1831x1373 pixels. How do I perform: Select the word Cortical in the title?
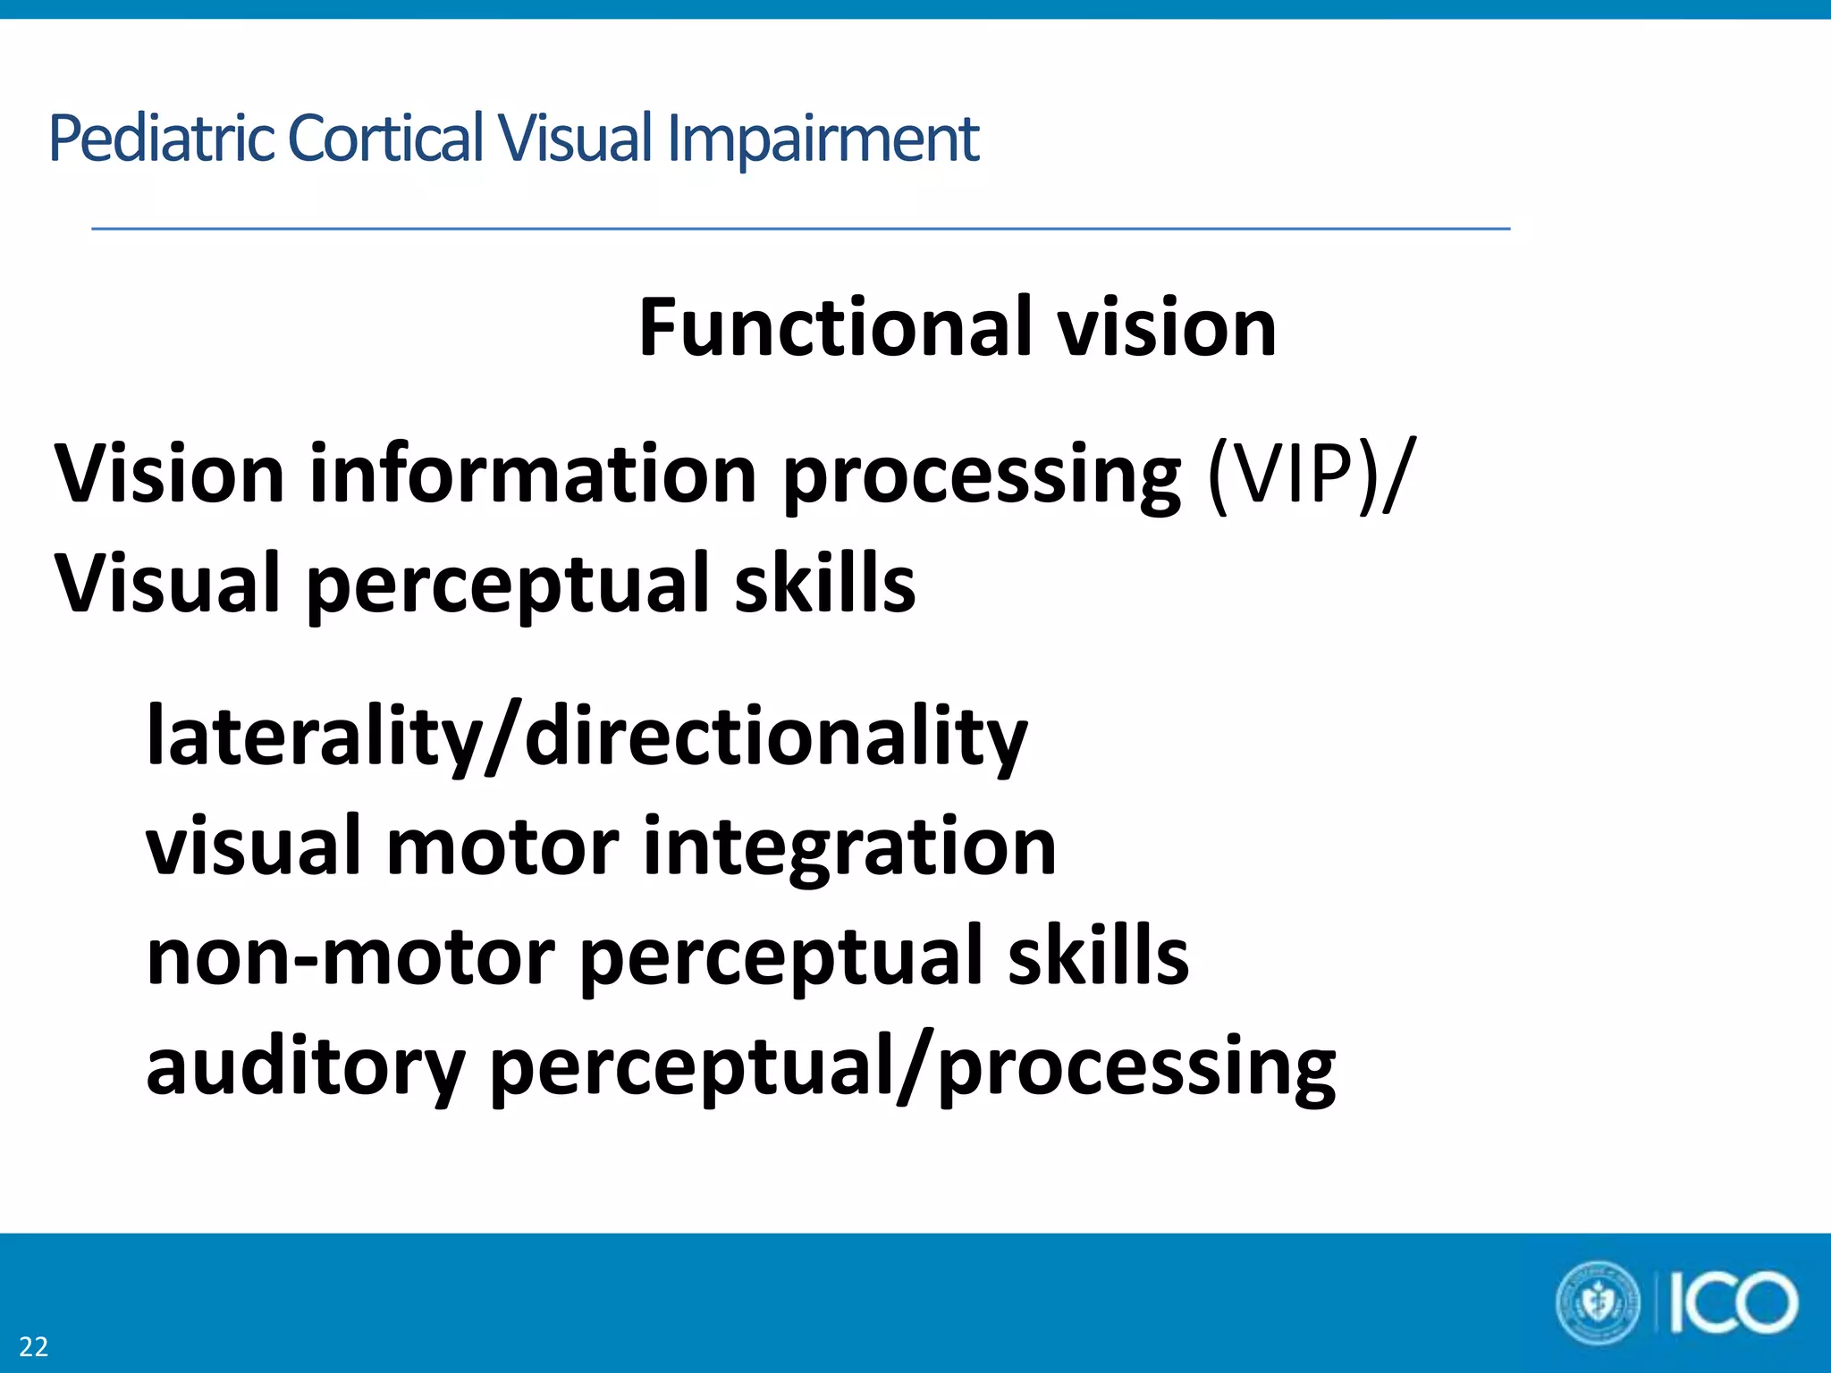tap(386, 138)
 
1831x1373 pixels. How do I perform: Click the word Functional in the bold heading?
tap(835, 327)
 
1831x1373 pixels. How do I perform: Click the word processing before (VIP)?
tap(982, 477)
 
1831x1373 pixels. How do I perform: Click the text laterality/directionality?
tap(586, 737)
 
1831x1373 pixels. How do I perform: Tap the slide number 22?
tap(34, 1346)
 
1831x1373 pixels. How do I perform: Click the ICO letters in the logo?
tap(1733, 1303)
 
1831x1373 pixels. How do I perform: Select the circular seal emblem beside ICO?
tap(1599, 1303)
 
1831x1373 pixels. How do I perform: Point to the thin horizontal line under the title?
tap(800, 229)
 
